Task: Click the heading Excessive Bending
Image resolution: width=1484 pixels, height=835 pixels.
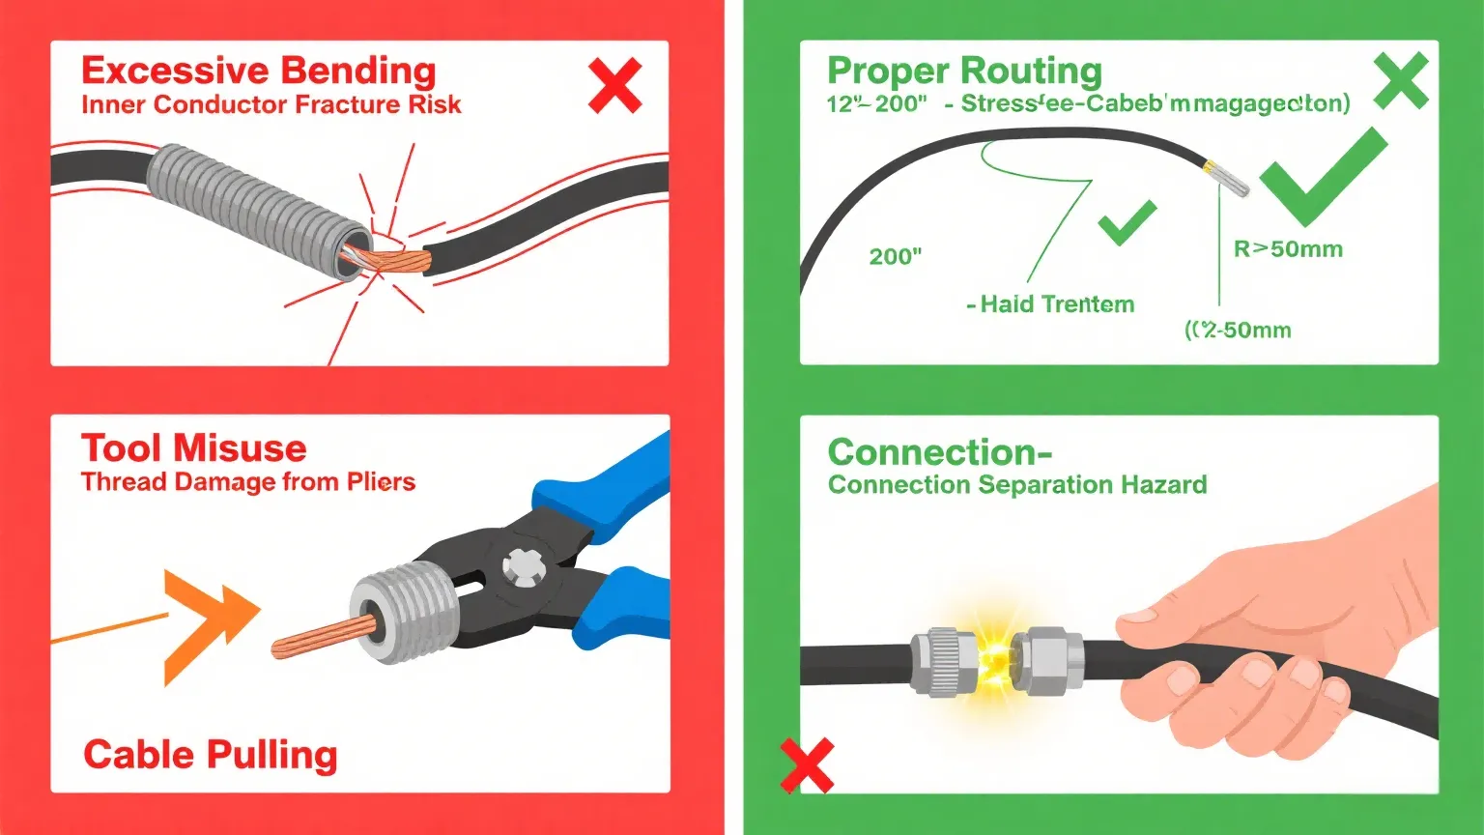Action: (258, 72)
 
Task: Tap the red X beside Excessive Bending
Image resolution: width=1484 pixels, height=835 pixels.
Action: (614, 85)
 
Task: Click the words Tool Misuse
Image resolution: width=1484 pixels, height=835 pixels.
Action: (193, 448)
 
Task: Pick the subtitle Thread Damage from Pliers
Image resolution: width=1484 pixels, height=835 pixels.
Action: (247, 482)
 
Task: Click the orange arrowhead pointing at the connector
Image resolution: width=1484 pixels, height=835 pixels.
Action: (209, 626)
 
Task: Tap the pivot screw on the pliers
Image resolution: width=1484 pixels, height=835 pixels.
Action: (523, 566)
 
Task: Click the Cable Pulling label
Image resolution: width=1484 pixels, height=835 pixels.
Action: (210, 755)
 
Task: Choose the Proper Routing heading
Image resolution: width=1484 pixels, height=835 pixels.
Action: (964, 72)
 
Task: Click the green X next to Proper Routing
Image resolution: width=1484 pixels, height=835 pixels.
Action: (1400, 81)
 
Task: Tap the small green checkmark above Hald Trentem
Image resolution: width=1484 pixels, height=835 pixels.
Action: (1127, 223)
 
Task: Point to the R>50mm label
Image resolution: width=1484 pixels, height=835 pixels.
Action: (1288, 249)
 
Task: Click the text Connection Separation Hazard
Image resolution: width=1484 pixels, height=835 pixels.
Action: (1016, 484)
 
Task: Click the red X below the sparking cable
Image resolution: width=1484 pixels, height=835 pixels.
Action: (806, 764)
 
